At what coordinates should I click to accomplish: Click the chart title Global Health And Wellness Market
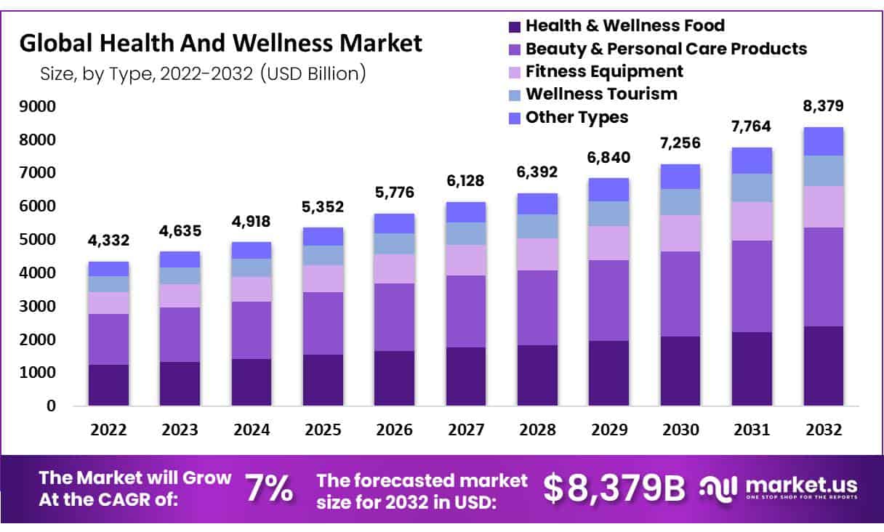click(x=220, y=44)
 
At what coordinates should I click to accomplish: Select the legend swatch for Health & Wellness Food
click(x=515, y=27)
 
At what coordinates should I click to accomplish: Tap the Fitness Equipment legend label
click(x=604, y=71)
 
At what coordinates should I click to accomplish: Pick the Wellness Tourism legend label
click(x=601, y=94)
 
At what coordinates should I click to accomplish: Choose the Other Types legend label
click(x=576, y=117)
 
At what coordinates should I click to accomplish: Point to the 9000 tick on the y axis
click(x=41, y=107)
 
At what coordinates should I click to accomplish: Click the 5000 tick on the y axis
click(x=41, y=240)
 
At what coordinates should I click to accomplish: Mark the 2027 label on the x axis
click(x=465, y=430)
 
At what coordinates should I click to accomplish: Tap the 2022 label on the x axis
click(x=108, y=430)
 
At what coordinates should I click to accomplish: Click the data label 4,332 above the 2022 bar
click(x=108, y=238)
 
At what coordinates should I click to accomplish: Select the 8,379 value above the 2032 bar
click(x=823, y=106)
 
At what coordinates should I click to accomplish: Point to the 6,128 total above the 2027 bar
click(x=465, y=180)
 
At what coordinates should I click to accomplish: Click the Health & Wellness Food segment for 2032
click(x=823, y=366)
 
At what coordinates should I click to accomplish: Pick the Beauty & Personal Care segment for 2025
click(x=323, y=323)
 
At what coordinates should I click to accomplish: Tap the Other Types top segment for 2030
click(x=680, y=177)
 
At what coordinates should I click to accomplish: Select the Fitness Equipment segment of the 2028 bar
click(x=537, y=254)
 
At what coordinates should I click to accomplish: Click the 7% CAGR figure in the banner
click(x=269, y=488)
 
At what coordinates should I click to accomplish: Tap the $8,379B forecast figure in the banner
click(x=614, y=489)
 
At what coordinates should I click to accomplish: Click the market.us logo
click(x=778, y=488)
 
